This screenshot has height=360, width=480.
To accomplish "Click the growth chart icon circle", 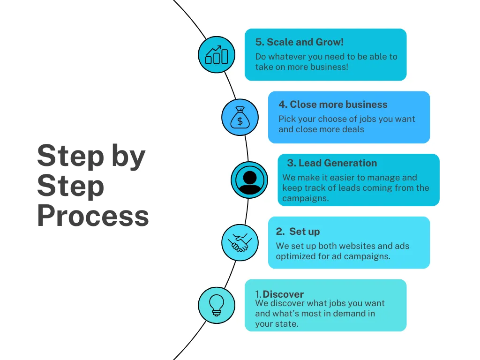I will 217,55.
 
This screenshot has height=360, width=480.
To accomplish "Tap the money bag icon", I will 240,117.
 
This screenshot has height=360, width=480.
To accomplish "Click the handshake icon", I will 240,243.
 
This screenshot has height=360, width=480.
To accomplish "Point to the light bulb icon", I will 217,305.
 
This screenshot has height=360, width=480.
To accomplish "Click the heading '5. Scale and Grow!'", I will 299,42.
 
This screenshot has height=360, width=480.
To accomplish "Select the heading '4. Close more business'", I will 333,105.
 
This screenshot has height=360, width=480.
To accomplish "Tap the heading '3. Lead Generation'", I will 332,163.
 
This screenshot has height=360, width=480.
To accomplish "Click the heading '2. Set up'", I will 298,232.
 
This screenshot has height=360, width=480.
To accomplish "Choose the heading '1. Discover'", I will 279,294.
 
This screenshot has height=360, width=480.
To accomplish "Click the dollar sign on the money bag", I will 240,121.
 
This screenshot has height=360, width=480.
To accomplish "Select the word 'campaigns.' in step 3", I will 305,198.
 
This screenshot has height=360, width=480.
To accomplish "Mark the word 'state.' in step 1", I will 286,324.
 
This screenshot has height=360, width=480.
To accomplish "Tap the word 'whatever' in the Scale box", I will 286,57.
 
